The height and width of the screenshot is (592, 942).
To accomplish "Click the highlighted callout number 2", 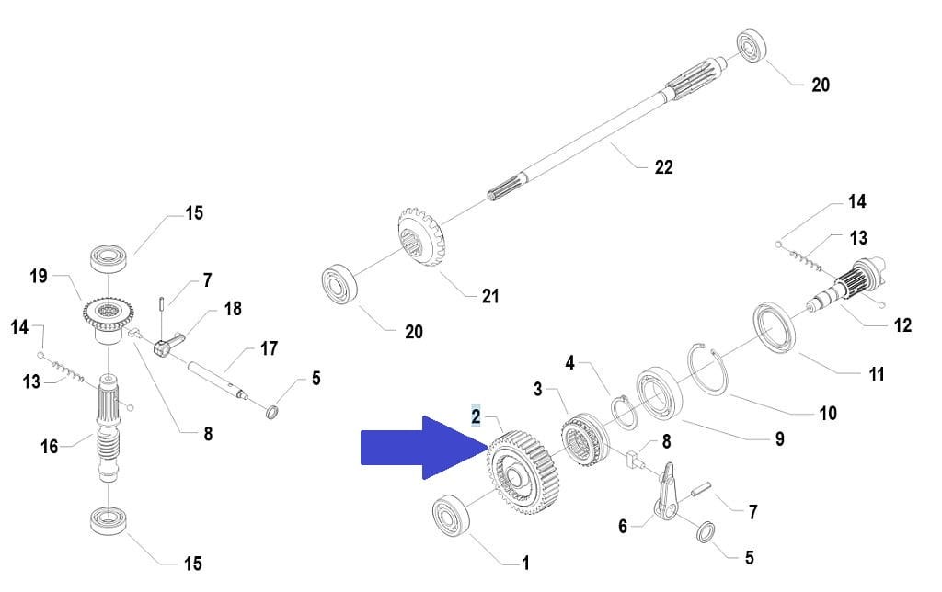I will click(476, 416).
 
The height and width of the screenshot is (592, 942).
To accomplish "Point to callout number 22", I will click(663, 166).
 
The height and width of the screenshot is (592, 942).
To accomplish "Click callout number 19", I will click(38, 276).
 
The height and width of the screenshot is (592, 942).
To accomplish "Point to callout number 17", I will click(268, 348).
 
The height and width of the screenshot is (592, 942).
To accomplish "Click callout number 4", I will click(569, 363).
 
